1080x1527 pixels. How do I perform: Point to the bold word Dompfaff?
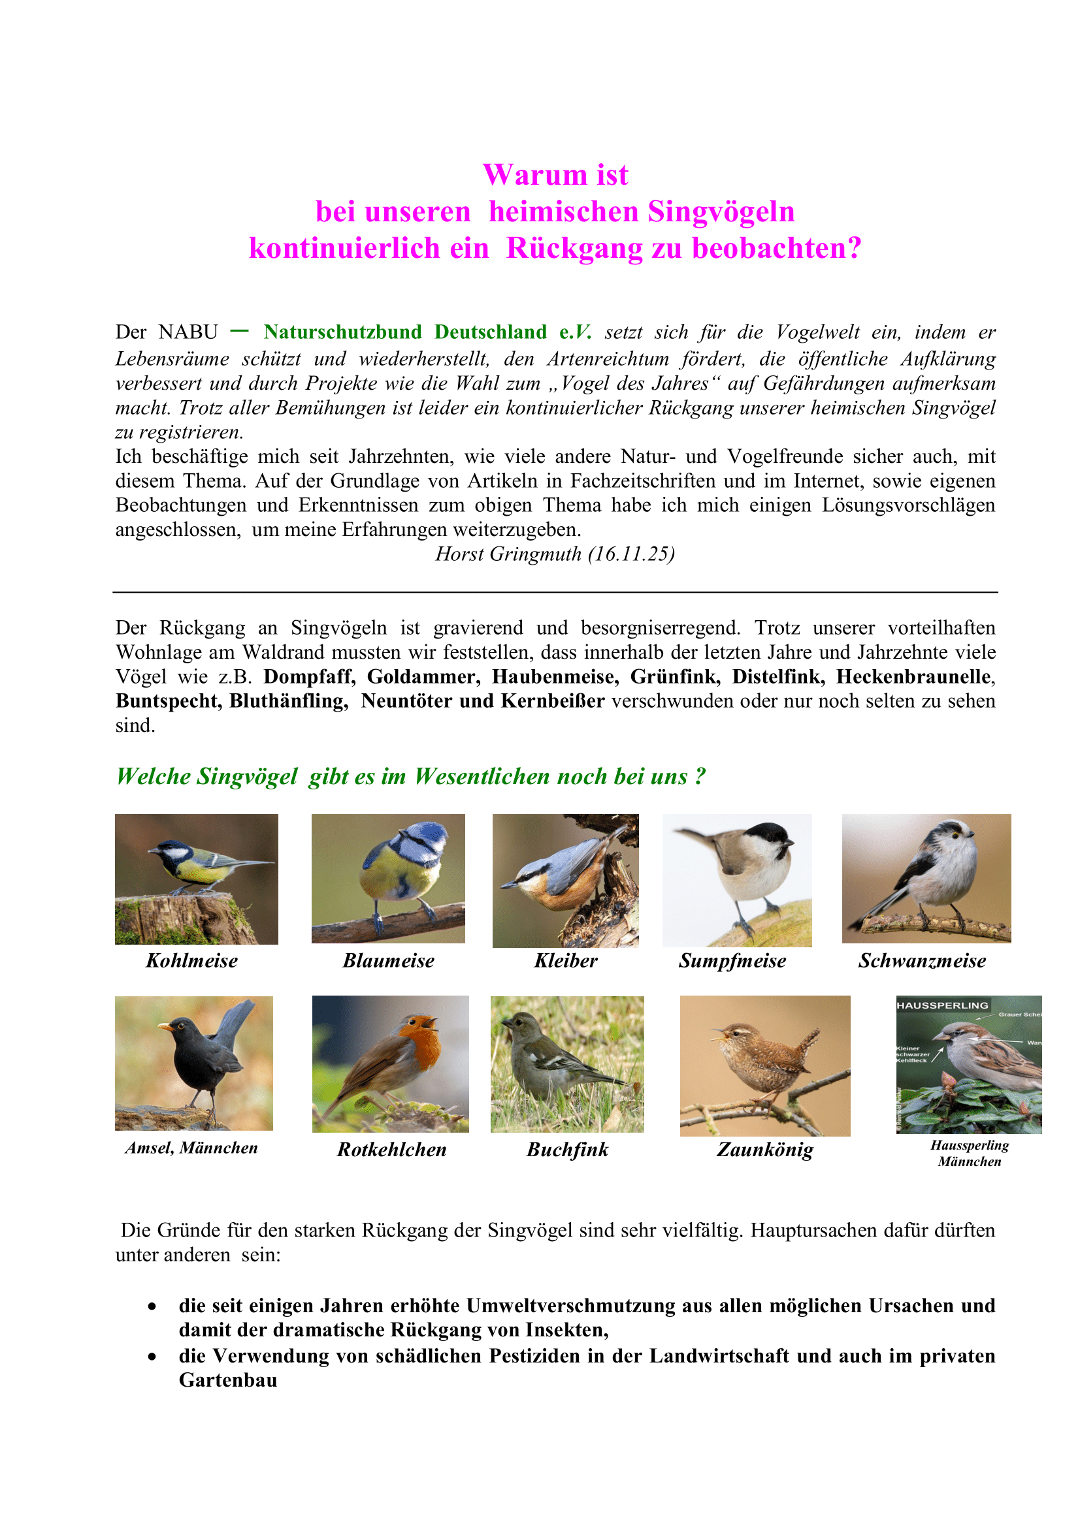(x=310, y=676)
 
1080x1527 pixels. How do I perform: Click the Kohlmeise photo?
(x=196, y=879)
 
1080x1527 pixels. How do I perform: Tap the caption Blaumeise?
(x=389, y=960)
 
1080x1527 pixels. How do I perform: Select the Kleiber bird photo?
(x=565, y=880)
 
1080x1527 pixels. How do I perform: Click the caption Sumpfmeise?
(x=732, y=960)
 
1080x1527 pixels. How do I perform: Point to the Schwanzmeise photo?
(x=926, y=878)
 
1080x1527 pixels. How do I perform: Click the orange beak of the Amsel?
(x=164, y=1027)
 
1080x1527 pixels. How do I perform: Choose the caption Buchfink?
(x=567, y=1149)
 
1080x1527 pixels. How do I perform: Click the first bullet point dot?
(x=152, y=1306)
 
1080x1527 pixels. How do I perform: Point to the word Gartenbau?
(x=227, y=1380)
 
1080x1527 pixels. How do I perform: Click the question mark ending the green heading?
(x=699, y=776)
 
